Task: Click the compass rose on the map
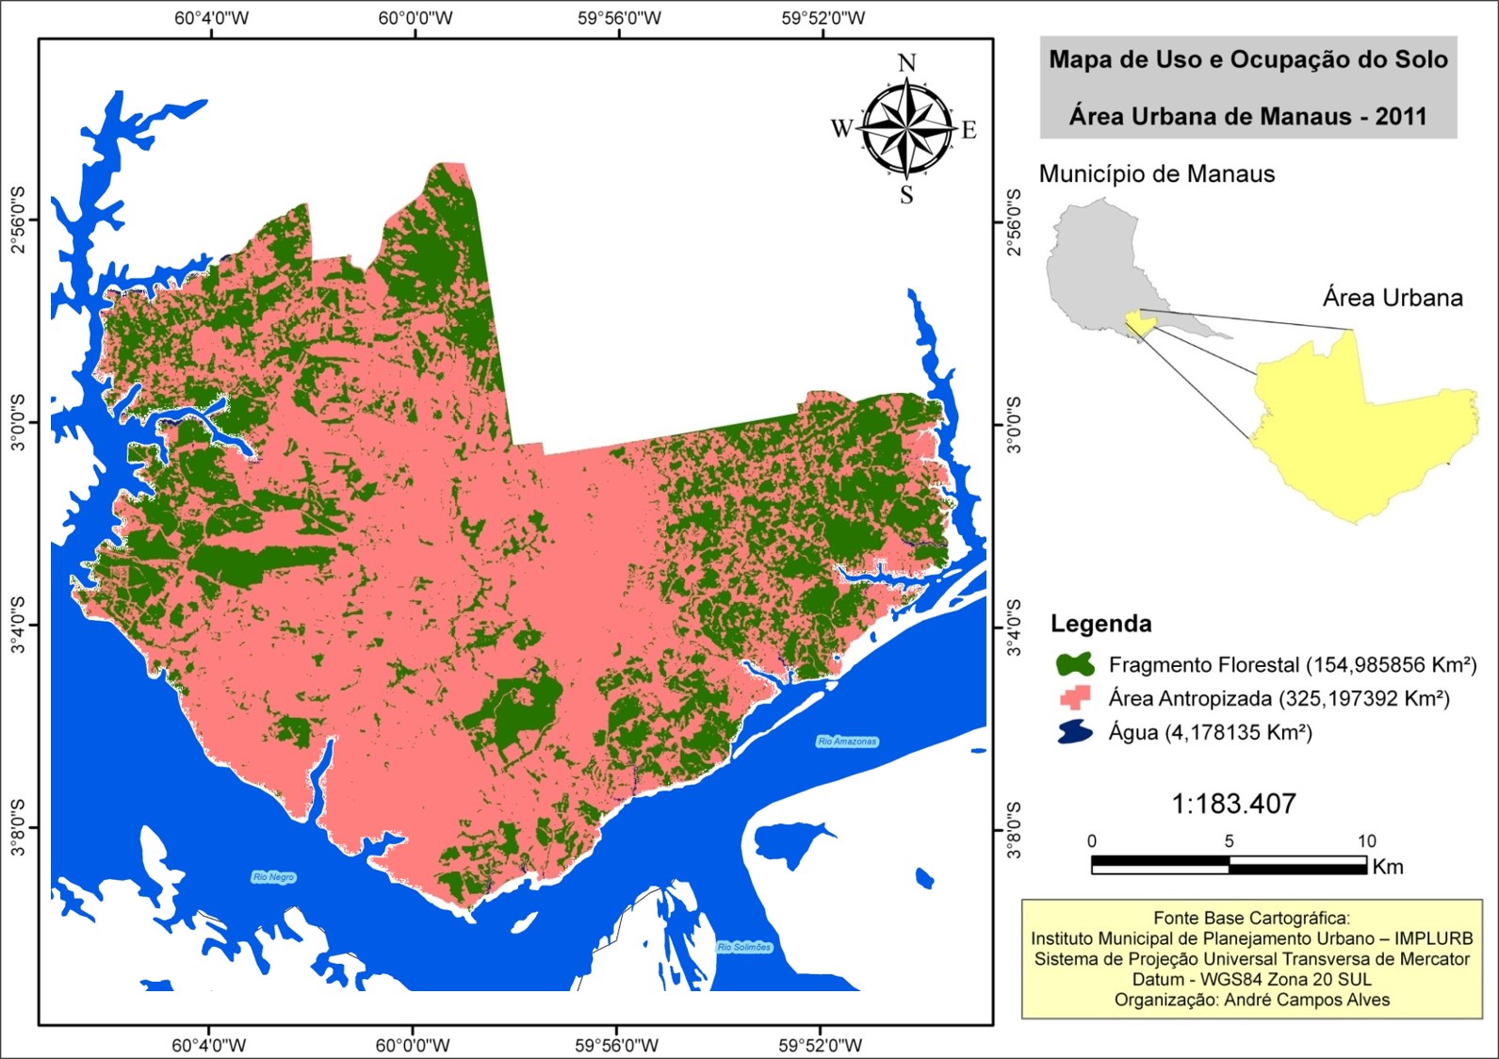click(x=906, y=128)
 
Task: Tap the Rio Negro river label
click(x=273, y=877)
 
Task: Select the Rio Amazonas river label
click(x=847, y=741)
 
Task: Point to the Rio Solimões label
click(x=743, y=947)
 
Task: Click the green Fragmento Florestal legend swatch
click(x=1075, y=664)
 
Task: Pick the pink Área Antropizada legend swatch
click(x=1075, y=698)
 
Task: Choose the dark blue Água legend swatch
click(x=1075, y=732)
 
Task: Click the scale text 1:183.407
click(x=1233, y=804)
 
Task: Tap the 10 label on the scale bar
click(x=1366, y=841)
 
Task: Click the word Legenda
click(x=1100, y=624)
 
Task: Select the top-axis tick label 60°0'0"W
click(x=415, y=18)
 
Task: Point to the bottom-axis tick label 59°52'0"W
click(x=820, y=1045)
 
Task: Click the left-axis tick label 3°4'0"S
click(x=18, y=625)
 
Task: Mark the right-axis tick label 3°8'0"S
click(x=1014, y=829)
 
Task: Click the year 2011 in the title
click(x=1400, y=117)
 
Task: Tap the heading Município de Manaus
click(x=1156, y=174)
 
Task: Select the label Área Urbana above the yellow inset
click(x=1393, y=298)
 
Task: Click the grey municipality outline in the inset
click(x=1093, y=264)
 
